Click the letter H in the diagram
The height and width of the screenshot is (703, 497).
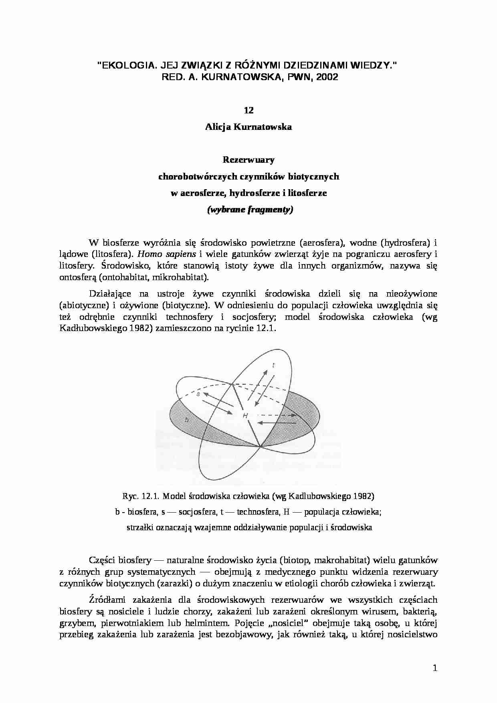tap(245, 416)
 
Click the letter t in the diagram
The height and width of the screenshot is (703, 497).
tap(273, 365)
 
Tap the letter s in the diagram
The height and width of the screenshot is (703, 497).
tap(198, 394)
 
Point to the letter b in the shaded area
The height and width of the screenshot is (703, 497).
tap(186, 420)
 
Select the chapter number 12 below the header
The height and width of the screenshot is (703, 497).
tap(248, 110)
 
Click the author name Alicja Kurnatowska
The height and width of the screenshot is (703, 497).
tap(248, 127)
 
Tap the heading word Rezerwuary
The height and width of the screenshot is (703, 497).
tap(248, 160)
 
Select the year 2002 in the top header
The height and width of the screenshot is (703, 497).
tap(327, 77)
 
